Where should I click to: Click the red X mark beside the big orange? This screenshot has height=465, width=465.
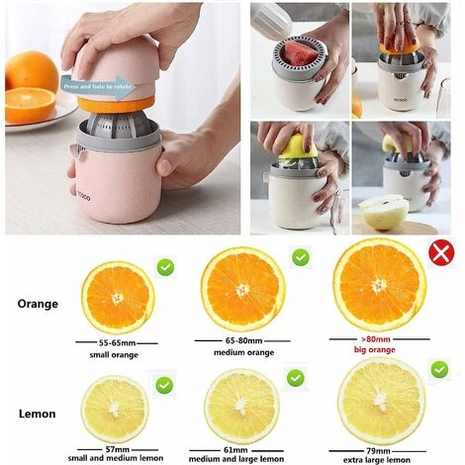tap(439, 255)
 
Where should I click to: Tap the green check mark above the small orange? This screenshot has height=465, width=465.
tap(165, 266)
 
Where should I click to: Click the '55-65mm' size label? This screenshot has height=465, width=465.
tap(118, 341)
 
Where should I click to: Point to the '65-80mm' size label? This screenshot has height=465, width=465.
tap(243, 339)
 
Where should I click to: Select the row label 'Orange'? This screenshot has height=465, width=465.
tap(38, 304)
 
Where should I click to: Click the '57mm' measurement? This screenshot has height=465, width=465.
tap(117, 450)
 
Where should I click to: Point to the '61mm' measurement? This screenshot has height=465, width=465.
tap(242, 450)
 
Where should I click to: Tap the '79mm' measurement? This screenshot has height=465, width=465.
tap(381, 450)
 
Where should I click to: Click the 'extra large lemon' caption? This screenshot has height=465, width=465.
tap(381, 460)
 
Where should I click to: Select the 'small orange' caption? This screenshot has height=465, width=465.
tap(118, 353)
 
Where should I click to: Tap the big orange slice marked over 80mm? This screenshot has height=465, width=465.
tap(380, 284)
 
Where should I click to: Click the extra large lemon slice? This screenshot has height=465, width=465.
tap(381, 401)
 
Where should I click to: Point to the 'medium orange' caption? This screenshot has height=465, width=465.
tap(243, 352)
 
